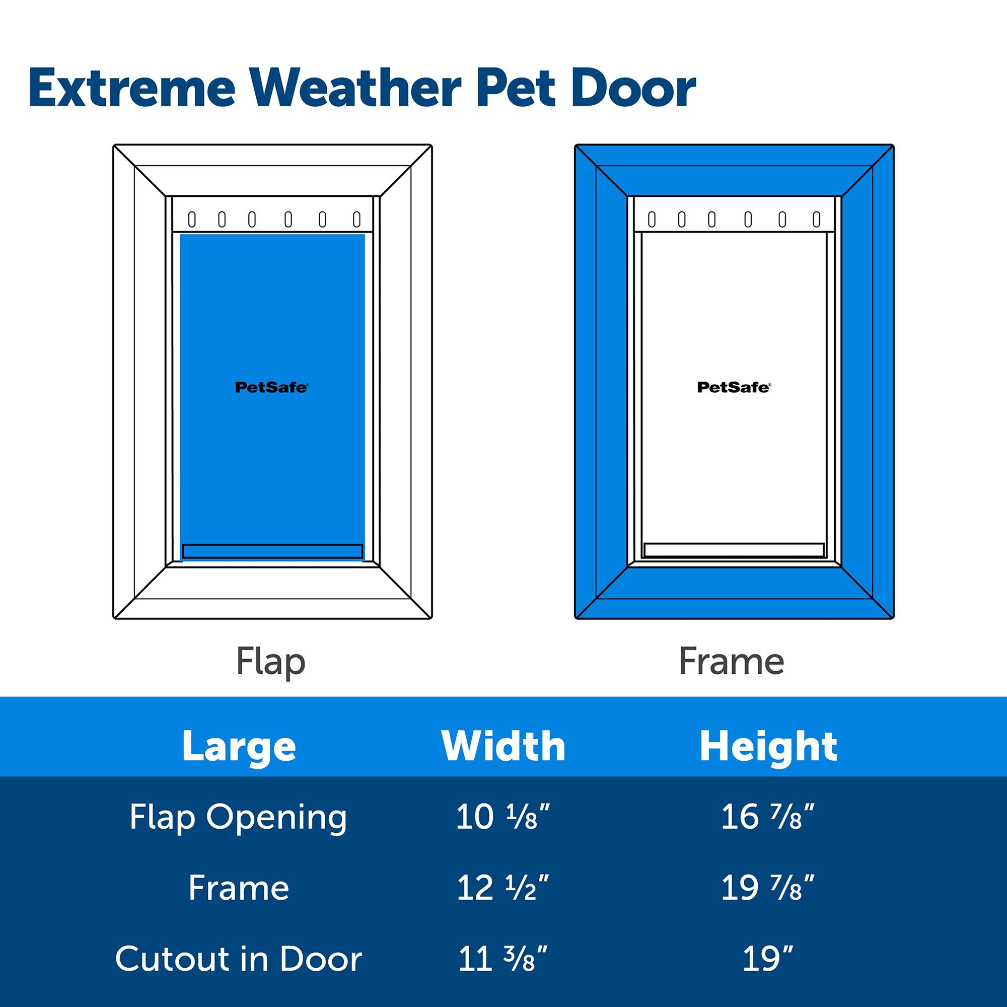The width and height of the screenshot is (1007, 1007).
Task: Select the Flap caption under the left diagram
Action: [270, 662]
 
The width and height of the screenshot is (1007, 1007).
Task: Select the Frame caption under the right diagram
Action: [732, 661]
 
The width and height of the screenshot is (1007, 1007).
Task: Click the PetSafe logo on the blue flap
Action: [271, 387]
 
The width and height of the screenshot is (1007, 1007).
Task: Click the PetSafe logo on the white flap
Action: [734, 387]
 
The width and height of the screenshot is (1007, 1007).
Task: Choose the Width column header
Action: [503, 746]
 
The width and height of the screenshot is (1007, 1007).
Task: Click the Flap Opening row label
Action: [238, 818]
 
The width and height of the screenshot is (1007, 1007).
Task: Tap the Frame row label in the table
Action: [239, 888]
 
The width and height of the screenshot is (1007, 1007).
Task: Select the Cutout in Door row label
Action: [239, 959]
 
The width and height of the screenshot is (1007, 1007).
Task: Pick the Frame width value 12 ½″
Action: [503, 887]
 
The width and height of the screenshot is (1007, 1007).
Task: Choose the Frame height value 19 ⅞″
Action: [768, 887]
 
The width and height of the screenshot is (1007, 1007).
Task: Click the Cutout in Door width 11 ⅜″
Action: [503, 958]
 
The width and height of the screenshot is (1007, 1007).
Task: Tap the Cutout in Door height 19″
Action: [768, 958]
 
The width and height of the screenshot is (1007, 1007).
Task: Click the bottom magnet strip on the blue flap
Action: [272, 551]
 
